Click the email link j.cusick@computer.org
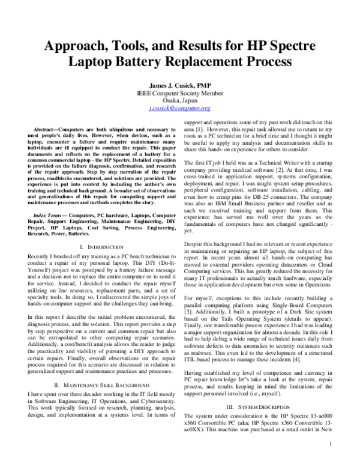(179, 108)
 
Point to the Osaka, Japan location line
(179, 101)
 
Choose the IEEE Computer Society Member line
(179, 94)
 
